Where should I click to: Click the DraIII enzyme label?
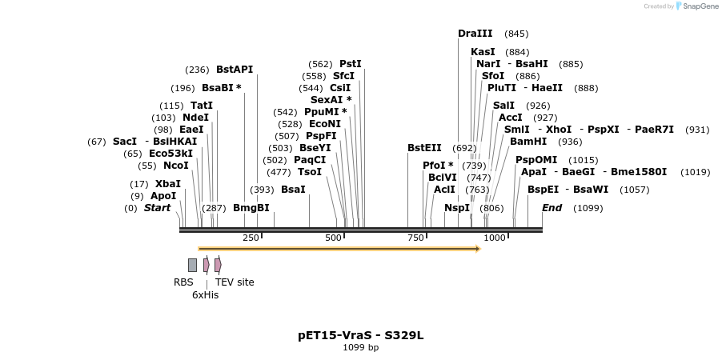tap(475, 34)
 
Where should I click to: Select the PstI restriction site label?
tap(351, 64)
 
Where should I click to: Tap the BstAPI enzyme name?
tap(234, 70)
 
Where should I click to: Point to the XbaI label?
tap(167, 184)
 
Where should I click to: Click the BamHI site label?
tap(528, 142)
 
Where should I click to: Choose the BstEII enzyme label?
tap(424, 148)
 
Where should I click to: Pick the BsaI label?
tap(293, 190)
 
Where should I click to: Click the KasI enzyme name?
tap(483, 52)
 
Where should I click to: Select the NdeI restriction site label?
tap(195, 118)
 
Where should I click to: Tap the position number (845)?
tap(516, 34)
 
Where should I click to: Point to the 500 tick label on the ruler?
tap(334, 238)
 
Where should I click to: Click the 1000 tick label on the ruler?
tap(495, 238)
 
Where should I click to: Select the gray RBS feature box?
tap(192, 265)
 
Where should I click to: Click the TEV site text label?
tap(235, 282)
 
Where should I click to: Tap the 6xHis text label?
tap(205, 295)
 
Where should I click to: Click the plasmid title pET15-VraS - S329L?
tap(360, 335)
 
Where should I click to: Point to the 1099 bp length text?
tap(360, 348)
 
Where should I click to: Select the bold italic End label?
tap(552, 208)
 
